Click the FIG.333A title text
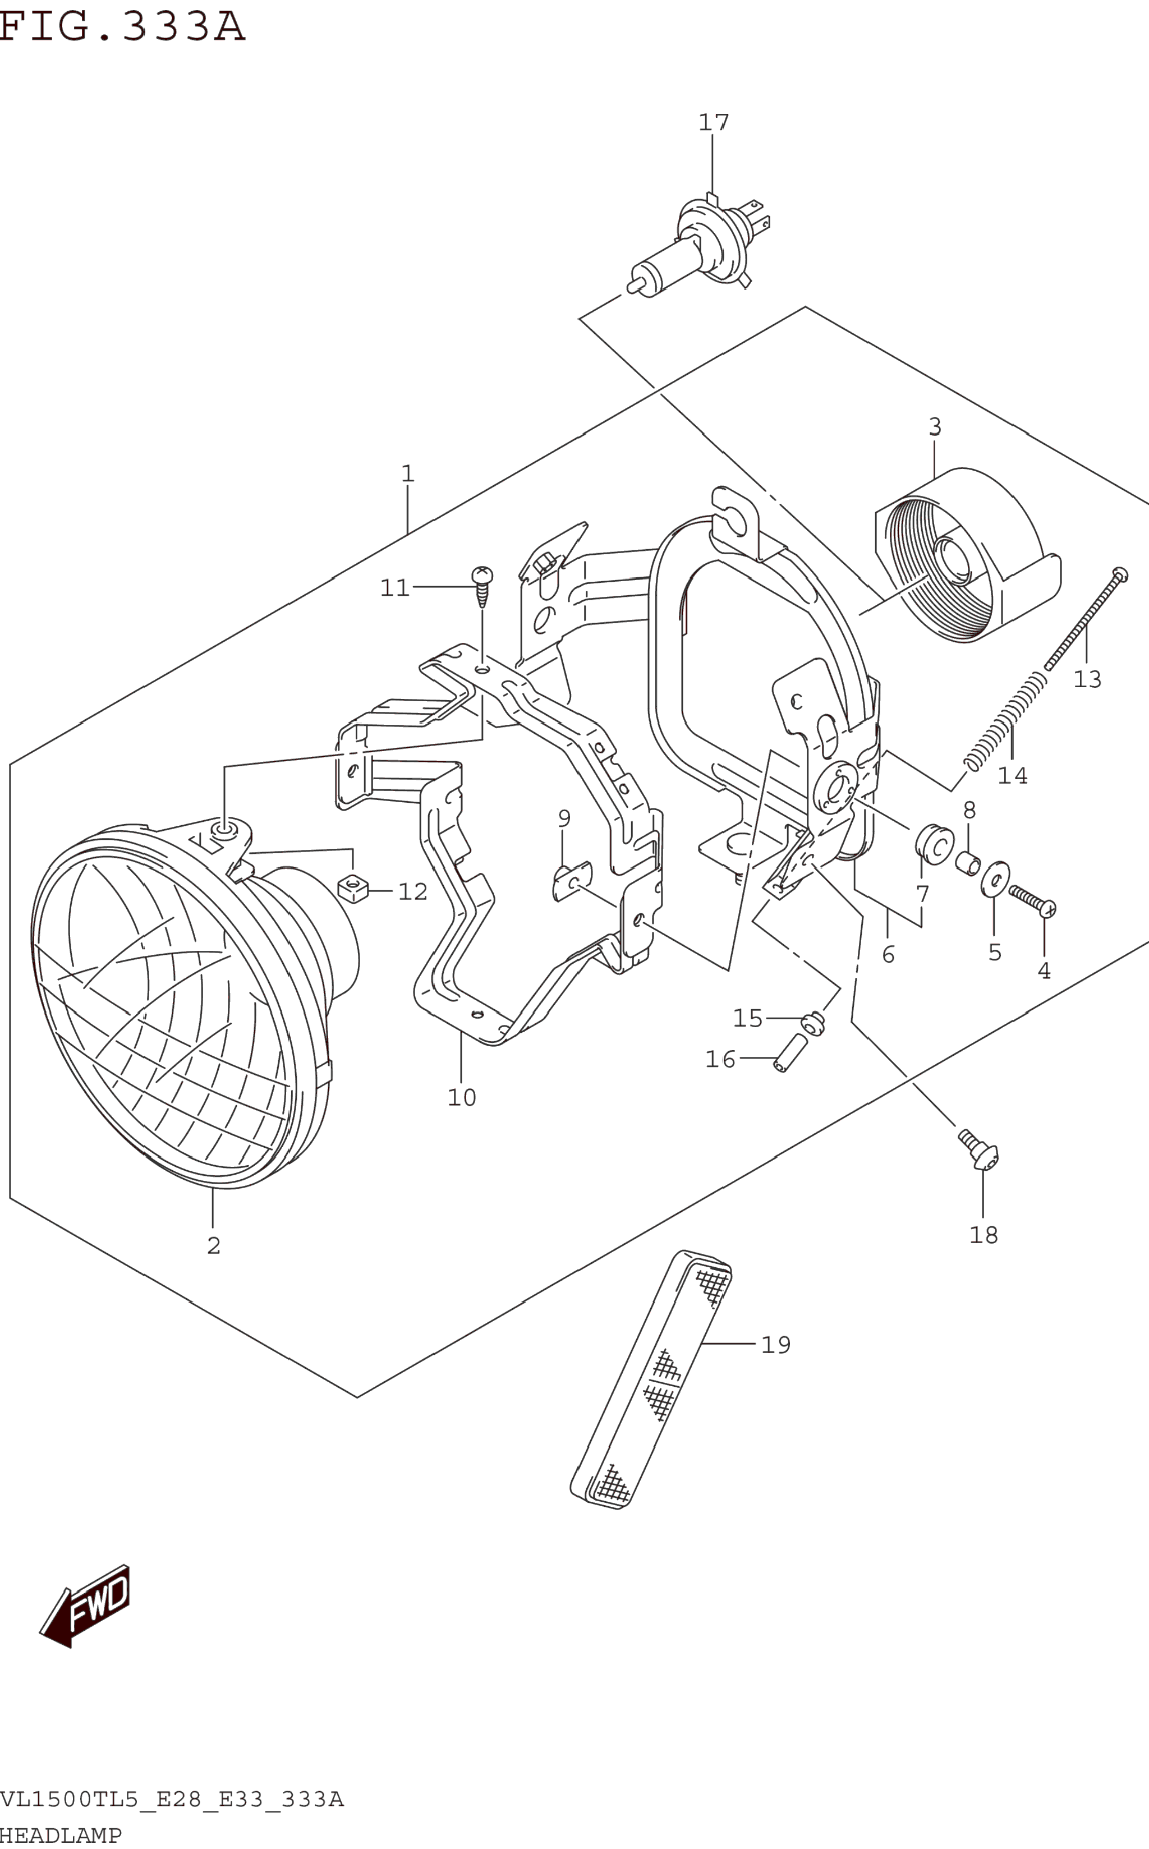pos(122,26)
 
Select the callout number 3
pos(935,427)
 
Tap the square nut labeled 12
pos(352,888)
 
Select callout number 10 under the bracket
pos(461,1098)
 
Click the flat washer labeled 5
pos(995,879)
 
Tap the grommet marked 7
pos(935,845)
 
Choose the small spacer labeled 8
pos(967,864)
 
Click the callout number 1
pos(408,474)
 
